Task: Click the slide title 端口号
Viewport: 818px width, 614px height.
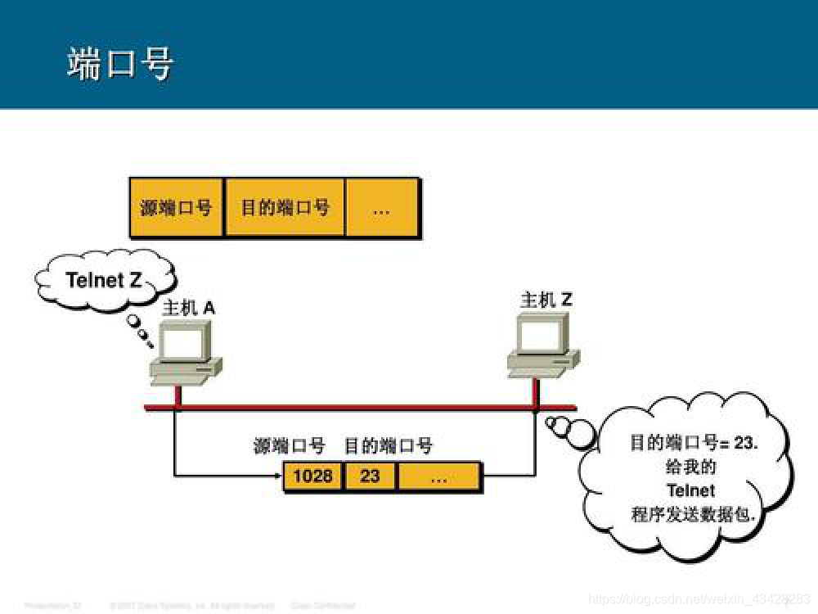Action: pyautogui.click(x=120, y=64)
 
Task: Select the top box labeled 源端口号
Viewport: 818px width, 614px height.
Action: pyautogui.click(x=176, y=208)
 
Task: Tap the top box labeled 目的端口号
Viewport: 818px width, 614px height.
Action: pyautogui.click(x=285, y=208)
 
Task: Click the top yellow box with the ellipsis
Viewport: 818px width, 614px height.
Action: pyautogui.click(x=381, y=208)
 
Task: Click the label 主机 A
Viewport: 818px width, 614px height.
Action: pyautogui.click(x=189, y=308)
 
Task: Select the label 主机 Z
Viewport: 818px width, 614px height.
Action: pyautogui.click(x=546, y=300)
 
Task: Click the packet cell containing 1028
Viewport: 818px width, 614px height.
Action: pyautogui.click(x=313, y=476)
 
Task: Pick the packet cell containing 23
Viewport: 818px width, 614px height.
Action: pyautogui.click(x=371, y=476)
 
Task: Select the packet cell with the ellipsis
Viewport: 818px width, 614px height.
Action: pyautogui.click(x=438, y=476)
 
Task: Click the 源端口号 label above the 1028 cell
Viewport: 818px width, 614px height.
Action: pyautogui.click(x=290, y=446)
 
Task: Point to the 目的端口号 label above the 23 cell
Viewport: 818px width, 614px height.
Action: pyautogui.click(x=388, y=446)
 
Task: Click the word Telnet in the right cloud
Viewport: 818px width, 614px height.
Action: pyautogui.click(x=691, y=490)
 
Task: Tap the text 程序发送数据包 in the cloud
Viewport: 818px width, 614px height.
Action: pyautogui.click(x=691, y=514)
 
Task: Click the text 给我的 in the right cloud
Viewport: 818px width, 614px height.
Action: pyautogui.click(x=691, y=467)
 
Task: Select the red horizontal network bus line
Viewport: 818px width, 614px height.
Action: pyautogui.click(x=360, y=407)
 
